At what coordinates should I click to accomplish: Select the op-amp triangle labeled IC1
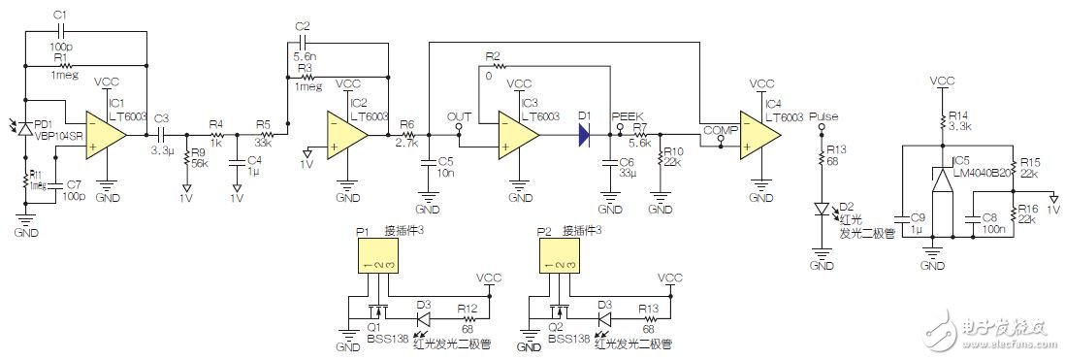click(106, 132)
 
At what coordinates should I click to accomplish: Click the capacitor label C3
click(161, 117)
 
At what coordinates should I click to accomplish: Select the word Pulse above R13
click(823, 115)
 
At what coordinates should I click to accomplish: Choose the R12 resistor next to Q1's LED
click(468, 316)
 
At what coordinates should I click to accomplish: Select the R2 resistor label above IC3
click(492, 55)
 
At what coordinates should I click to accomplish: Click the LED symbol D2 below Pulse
click(823, 207)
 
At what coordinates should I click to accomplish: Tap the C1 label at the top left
click(59, 15)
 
